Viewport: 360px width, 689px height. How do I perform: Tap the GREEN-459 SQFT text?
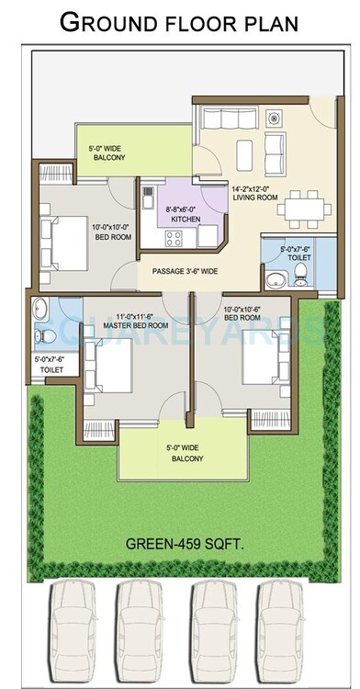(x=179, y=544)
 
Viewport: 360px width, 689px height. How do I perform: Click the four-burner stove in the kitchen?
(x=174, y=239)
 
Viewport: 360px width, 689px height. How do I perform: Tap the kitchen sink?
(x=207, y=235)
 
